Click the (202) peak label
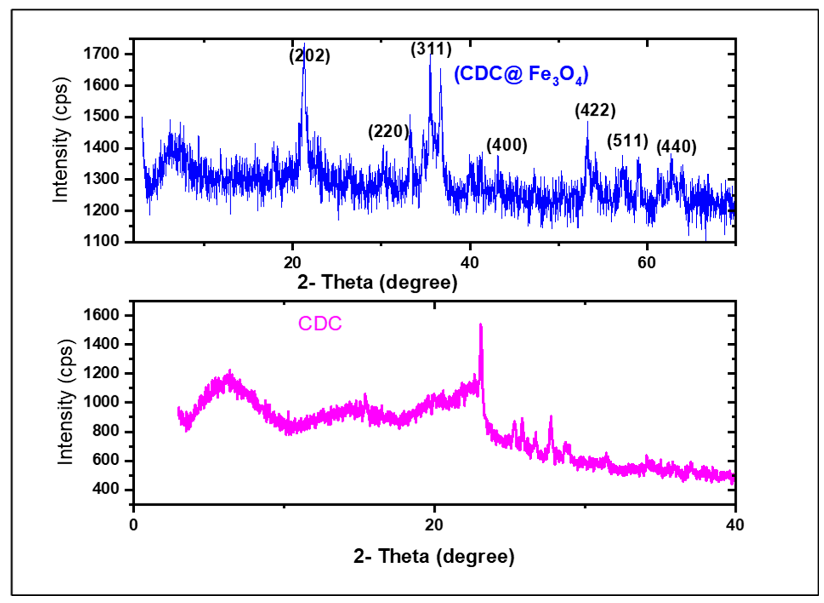tap(310, 56)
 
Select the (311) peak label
tap(431, 49)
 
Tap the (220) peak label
tap(388, 132)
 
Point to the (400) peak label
tap(507, 145)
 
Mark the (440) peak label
tap(676, 147)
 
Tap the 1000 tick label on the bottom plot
tap(101, 402)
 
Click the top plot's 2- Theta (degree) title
tap(377, 282)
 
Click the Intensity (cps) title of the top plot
tap(61, 140)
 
